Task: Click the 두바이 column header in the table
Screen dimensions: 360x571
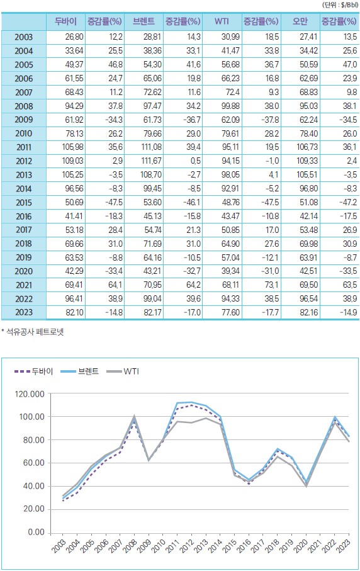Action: click(65, 21)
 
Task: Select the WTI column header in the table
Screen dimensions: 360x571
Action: click(222, 21)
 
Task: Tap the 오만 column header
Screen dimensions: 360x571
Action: click(300, 21)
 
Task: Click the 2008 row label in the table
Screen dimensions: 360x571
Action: click(24, 106)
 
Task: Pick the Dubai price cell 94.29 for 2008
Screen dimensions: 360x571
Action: click(74, 106)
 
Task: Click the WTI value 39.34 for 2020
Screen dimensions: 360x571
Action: click(231, 271)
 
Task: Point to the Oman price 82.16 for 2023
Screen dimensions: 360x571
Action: click(308, 312)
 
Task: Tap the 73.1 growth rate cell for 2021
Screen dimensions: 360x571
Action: click(272, 285)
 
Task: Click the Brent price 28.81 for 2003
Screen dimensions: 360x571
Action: click(152, 37)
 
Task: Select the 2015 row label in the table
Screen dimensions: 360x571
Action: click(24, 203)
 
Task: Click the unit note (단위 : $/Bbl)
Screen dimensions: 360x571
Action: click(340, 6)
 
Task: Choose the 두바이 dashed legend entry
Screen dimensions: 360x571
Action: click(34, 371)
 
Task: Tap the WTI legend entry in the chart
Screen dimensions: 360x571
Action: click(123, 371)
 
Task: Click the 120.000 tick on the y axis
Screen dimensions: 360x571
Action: click(30, 394)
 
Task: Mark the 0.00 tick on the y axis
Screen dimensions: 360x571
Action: click(37, 532)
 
